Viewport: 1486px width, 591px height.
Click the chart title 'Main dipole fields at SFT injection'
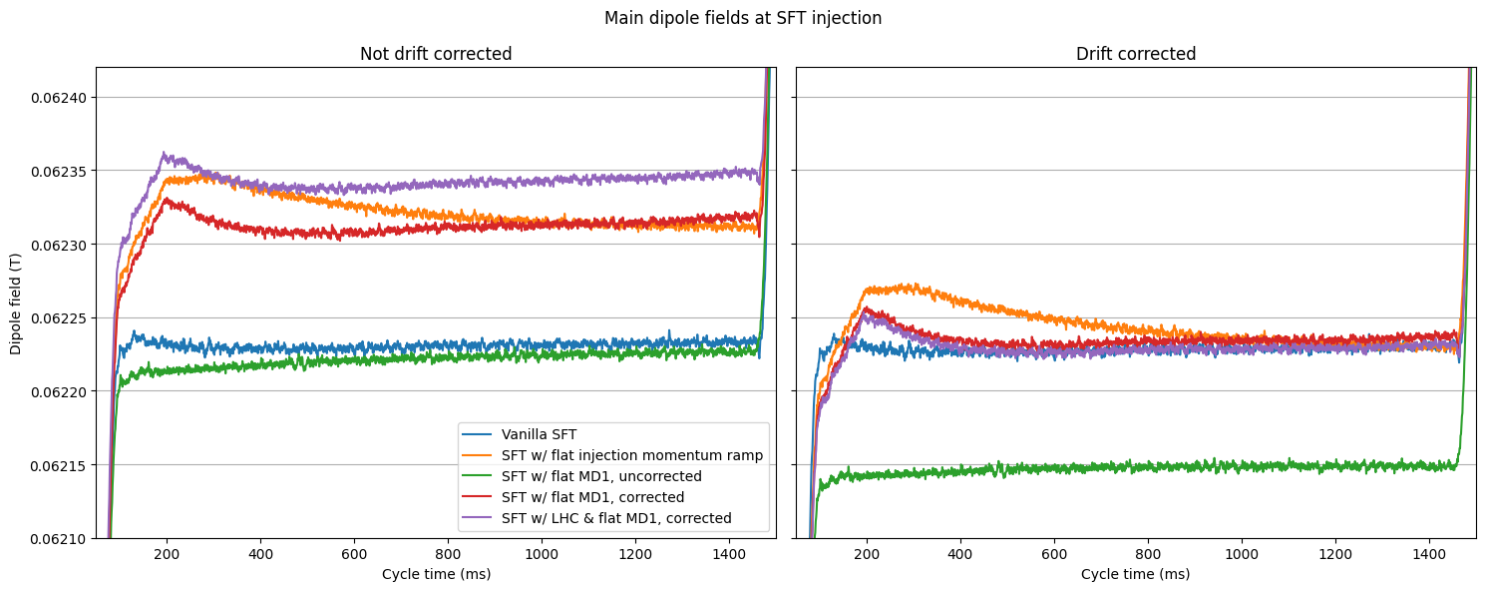[743, 18]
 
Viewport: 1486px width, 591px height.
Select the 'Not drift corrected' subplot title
[436, 54]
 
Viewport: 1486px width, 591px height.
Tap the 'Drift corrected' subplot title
[1136, 54]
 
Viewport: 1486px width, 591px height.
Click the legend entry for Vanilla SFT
[539, 434]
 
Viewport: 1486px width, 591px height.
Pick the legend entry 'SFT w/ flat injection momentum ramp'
[631, 455]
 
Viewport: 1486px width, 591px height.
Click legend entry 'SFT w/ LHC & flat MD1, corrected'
[616, 518]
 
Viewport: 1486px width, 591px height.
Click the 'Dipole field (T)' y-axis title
[16, 302]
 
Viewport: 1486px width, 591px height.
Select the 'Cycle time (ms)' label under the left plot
[436, 574]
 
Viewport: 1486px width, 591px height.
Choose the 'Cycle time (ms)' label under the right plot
[1136, 574]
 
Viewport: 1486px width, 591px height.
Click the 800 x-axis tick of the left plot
[448, 555]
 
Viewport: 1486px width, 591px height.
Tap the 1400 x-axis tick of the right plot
[1429, 555]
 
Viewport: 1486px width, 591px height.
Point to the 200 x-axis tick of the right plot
[867, 555]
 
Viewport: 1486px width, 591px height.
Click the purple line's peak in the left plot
[165, 154]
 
